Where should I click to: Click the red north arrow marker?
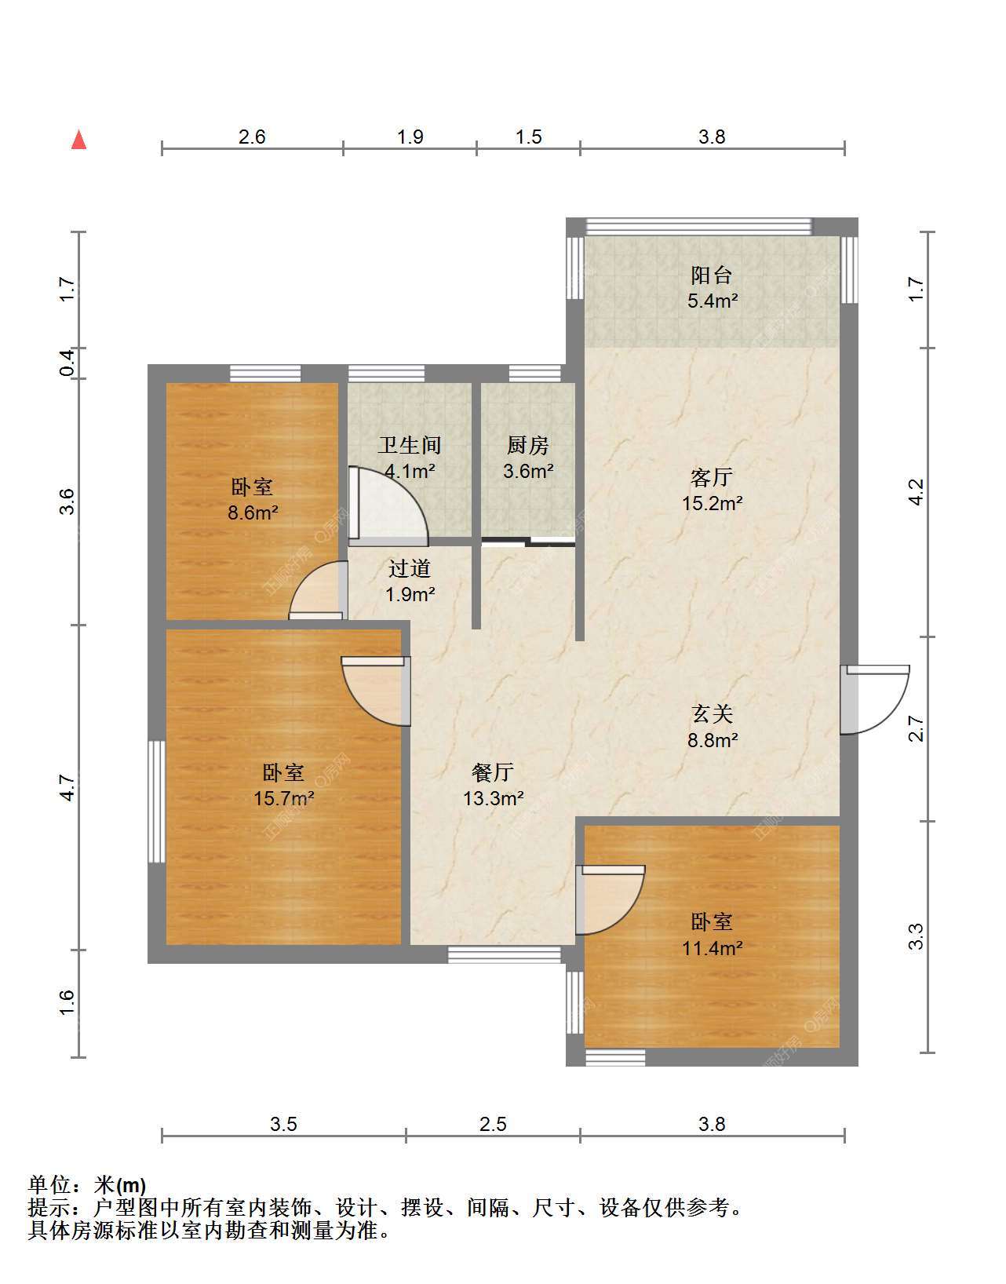click(79, 140)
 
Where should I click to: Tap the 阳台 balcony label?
click(712, 275)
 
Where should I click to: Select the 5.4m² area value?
click(713, 301)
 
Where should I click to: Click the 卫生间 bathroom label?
click(410, 445)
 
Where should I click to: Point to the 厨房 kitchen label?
click(528, 445)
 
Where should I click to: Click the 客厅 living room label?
click(712, 477)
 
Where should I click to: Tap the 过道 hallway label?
click(410, 568)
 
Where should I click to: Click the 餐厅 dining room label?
click(494, 771)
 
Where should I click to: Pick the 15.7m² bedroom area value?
click(283, 798)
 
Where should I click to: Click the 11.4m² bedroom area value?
click(713, 948)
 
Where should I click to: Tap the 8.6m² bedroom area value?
click(253, 513)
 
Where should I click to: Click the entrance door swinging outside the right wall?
click(875, 699)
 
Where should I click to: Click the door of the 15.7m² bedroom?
click(377, 691)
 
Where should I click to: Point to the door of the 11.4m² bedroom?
click(611, 900)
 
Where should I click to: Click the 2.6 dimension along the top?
click(252, 137)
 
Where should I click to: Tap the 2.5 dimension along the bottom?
click(494, 1124)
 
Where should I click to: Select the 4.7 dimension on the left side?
click(68, 788)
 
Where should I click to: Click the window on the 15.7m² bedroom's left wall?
click(156, 802)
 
